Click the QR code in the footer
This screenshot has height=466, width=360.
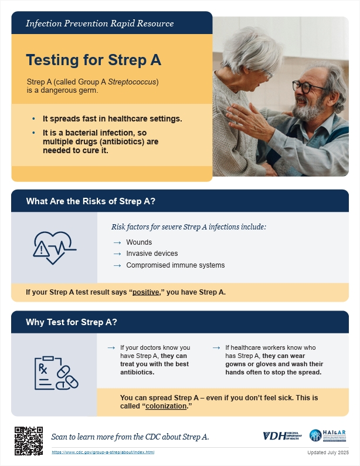point(29,440)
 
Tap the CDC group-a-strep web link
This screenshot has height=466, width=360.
point(103,453)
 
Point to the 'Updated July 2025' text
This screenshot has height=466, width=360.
point(328,453)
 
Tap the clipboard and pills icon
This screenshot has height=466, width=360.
point(55,372)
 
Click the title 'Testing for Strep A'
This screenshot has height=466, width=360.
point(93,60)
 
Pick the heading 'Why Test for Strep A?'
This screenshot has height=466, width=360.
point(72,322)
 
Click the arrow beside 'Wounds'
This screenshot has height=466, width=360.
point(117,242)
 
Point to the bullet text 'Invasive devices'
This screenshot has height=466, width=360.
point(152,254)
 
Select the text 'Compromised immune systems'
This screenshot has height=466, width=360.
point(175,265)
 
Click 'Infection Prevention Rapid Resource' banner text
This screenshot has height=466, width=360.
point(100,23)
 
